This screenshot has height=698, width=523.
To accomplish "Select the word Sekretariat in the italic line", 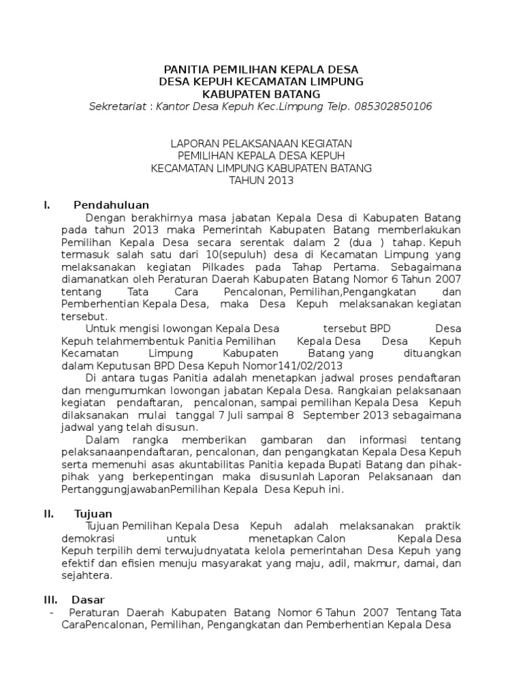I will tap(116, 107).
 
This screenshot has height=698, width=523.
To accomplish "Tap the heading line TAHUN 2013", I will tap(261, 181).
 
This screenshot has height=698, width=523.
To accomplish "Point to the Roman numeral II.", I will tap(48, 513).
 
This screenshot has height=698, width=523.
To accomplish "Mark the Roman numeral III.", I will tap(50, 600).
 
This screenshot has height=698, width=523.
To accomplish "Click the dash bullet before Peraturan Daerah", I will tap(52, 613).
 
